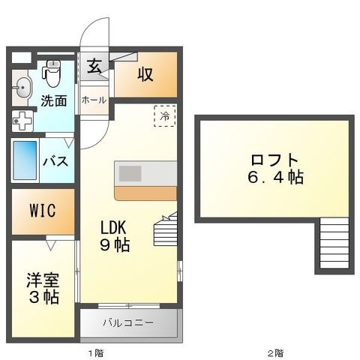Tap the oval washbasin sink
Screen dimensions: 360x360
click(23, 88)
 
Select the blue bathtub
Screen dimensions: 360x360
click(25, 160)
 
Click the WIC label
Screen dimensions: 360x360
click(43, 211)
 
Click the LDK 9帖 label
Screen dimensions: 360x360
click(114, 236)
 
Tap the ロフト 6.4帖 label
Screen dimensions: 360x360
click(275, 169)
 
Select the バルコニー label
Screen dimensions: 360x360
click(128, 322)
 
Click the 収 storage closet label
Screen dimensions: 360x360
click(145, 74)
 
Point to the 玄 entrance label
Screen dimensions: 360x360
click(94, 66)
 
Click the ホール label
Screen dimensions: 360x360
click(94, 100)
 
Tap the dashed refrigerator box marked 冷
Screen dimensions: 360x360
click(165, 115)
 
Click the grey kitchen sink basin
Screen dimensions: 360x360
click(130, 173)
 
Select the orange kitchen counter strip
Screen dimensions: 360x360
click(145, 193)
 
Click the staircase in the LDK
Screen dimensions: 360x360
click(165, 229)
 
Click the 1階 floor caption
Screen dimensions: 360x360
click(96, 353)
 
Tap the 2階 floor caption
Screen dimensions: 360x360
click(275, 353)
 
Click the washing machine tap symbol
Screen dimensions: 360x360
click(22, 121)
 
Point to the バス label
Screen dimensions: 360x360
click(55, 160)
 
